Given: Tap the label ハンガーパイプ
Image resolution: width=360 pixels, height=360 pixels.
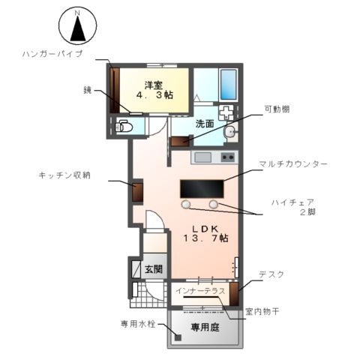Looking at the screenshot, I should tap(52, 55).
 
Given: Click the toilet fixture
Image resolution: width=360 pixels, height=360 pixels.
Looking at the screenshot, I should tap(124, 127).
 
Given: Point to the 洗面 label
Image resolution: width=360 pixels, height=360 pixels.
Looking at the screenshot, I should tap(205, 124).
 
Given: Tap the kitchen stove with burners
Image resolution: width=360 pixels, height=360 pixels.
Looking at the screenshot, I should tap(227, 157).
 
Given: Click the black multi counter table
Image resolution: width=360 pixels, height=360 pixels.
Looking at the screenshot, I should tap(202, 188).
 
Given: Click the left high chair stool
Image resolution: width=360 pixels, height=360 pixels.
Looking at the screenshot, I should tap(186, 204).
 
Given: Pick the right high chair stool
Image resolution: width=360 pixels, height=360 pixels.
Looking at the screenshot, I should tap(214, 204).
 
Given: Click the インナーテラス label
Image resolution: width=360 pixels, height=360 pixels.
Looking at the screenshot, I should tap(199, 290).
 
